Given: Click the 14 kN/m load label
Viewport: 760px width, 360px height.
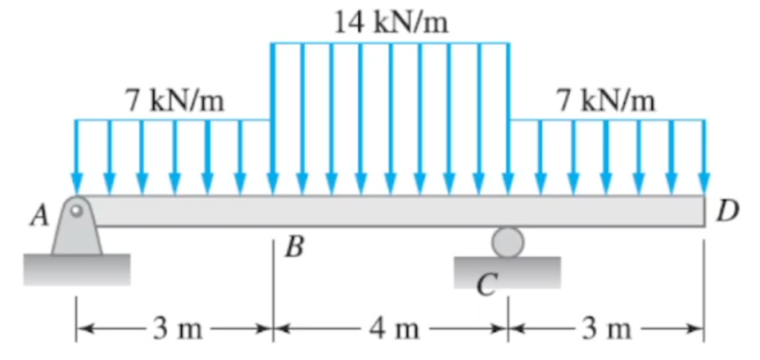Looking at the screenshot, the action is pyautogui.click(x=392, y=23).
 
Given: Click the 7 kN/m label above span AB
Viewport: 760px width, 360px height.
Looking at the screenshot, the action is pyautogui.click(x=175, y=102).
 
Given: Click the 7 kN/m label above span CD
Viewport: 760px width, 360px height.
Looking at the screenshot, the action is pyautogui.click(x=606, y=102).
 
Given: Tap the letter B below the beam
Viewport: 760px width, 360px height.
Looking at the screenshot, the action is pyautogui.click(x=295, y=248).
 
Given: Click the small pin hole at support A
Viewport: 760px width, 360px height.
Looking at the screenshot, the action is pyautogui.click(x=76, y=211).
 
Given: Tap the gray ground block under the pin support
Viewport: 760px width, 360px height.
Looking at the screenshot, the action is pyautogui.click(x=76, y=269).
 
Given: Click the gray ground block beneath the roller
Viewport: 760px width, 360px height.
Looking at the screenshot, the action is pyautogui.click(x=507, y=272).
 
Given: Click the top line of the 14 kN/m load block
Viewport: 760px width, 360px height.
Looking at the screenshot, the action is pyautogui.click(x=390, y=43).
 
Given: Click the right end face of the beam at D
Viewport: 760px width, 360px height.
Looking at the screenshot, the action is pyautogui.click(x=704, y=211).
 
